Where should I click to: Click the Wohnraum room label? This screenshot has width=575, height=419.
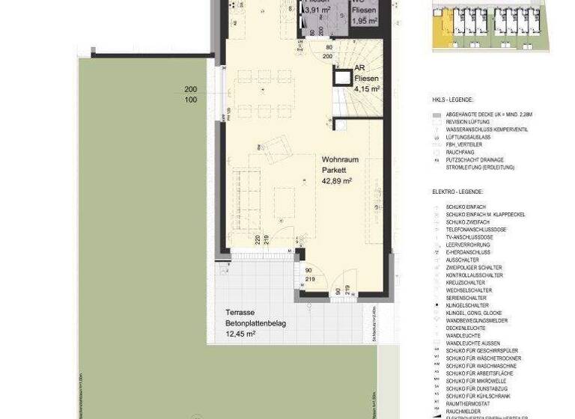[341, 159]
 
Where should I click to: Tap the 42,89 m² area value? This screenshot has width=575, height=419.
[337, 180]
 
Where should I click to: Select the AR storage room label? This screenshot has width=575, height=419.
[359, 67]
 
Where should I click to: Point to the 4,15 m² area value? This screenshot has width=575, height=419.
[367, 88]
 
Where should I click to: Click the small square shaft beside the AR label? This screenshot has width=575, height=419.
[343, 77]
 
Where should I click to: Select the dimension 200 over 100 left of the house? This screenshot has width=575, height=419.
[191, 94]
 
